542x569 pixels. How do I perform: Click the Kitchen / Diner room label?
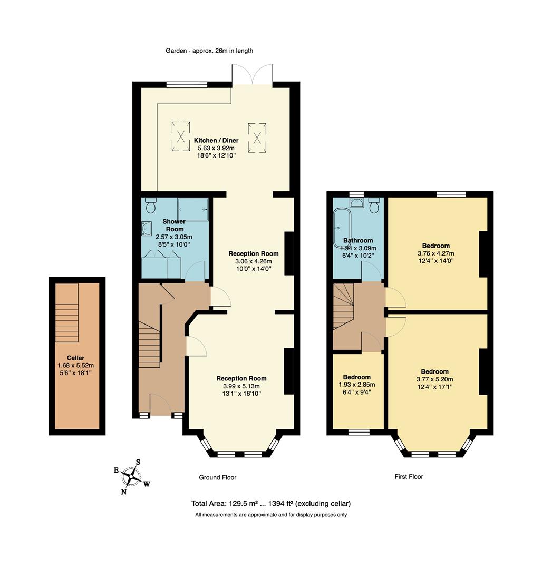[x=216, y=140]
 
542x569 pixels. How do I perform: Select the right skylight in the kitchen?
[x=257, y=137]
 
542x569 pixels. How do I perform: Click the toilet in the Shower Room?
[x=151, y=204]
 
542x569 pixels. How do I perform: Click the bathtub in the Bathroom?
[x=340, y=228]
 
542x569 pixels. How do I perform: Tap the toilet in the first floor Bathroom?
[x=374, y=205]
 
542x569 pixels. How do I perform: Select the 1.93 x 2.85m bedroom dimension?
[x=357, y=384]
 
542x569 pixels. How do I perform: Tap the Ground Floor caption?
[x=217, y=477]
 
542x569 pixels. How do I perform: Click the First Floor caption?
[x=409, y=476]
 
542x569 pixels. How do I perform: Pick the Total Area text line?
[x=271, y=503]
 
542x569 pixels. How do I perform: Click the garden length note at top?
[x=209, y=51]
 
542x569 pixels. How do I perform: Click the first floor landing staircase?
[x=343, y=306]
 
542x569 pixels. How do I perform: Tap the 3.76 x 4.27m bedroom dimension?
[x=435, y=253]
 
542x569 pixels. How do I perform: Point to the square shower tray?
[x=191, y=209]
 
